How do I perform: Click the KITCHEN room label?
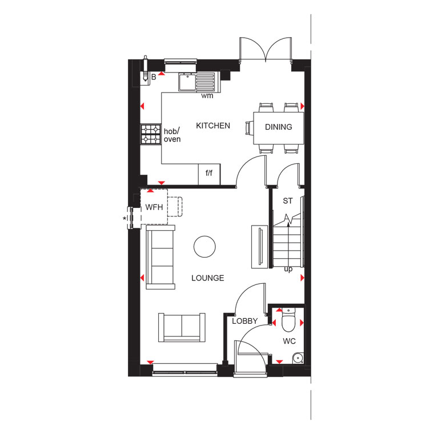213,126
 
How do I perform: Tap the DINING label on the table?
279,127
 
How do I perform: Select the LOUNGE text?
208,278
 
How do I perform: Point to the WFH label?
154,207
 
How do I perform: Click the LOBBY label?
244,321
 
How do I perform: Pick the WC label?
290,341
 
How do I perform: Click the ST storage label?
288,200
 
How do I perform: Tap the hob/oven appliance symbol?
151,134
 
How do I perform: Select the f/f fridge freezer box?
209,174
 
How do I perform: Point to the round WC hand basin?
298,359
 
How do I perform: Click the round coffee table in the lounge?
204,247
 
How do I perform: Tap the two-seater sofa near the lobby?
182,328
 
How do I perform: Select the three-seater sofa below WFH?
160,258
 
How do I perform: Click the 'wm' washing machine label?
207,96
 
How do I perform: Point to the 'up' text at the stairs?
288,269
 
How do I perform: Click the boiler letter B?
154,77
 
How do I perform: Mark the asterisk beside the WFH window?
124,219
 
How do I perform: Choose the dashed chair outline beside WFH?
175,207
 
